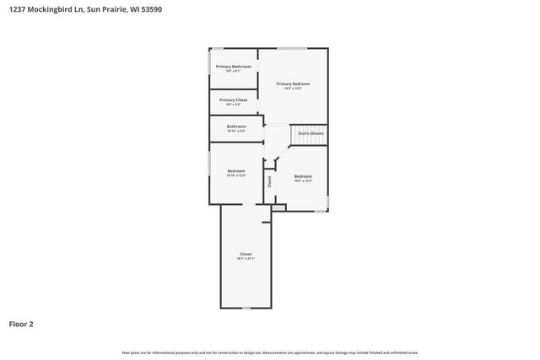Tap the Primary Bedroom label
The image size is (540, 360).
(x=294, y=83)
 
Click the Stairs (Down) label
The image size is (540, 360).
(x=310, y=133)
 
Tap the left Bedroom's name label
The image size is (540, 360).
(x=236, y=171)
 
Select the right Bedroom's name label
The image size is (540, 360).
(x=303, y=175)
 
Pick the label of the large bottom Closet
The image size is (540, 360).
(x=246, y=254)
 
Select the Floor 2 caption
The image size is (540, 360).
(x=21, y=323)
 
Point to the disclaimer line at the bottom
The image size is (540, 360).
(x=270, y=352)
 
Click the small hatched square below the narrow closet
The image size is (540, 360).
(x=278, y=207)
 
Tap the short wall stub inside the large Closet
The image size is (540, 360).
(x=267, y=223)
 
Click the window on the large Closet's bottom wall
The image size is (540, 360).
(x=246, y=308)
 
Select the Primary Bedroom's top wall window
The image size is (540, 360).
(x=293, y=48)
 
